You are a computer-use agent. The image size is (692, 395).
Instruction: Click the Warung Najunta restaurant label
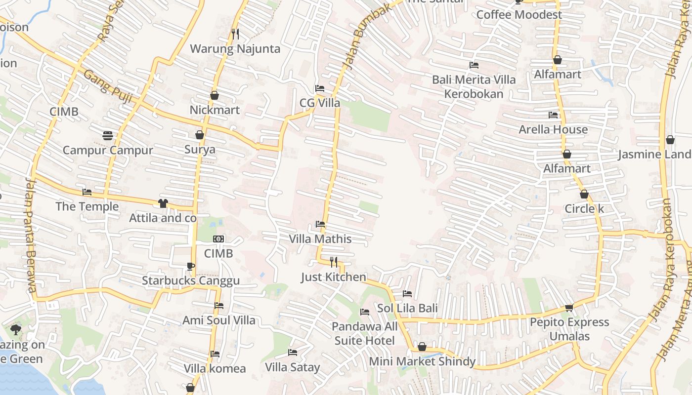coord(235,49)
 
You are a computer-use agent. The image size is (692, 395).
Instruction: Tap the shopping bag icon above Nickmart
coord(215,95)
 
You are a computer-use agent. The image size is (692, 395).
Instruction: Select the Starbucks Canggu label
coord(191,281)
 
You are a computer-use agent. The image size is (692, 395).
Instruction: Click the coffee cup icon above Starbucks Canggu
coord(191,267)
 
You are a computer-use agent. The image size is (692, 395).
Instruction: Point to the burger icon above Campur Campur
coord(108,135)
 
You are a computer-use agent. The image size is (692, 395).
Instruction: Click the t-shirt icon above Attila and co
coord(163,203)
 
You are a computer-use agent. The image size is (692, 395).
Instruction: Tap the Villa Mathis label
coord(320,239)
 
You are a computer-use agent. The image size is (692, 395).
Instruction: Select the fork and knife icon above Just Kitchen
coord(334,262)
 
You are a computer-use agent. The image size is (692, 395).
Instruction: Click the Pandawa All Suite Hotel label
coord(365,334)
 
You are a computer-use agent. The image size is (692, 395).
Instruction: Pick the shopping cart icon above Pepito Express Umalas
coord(569,308)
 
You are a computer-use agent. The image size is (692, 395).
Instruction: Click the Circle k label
coord(584,209)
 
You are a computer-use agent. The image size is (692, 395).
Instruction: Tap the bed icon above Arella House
coord(553,115)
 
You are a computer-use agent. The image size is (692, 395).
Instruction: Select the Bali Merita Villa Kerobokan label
coord(474,87)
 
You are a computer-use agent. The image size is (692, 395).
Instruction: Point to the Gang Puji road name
coord(108,87)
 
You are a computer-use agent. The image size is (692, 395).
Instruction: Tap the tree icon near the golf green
coord(16,330)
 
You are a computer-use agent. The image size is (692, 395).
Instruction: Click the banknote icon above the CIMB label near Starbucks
coord(218,239)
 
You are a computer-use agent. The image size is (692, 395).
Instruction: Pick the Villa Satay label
coord(293,367)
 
